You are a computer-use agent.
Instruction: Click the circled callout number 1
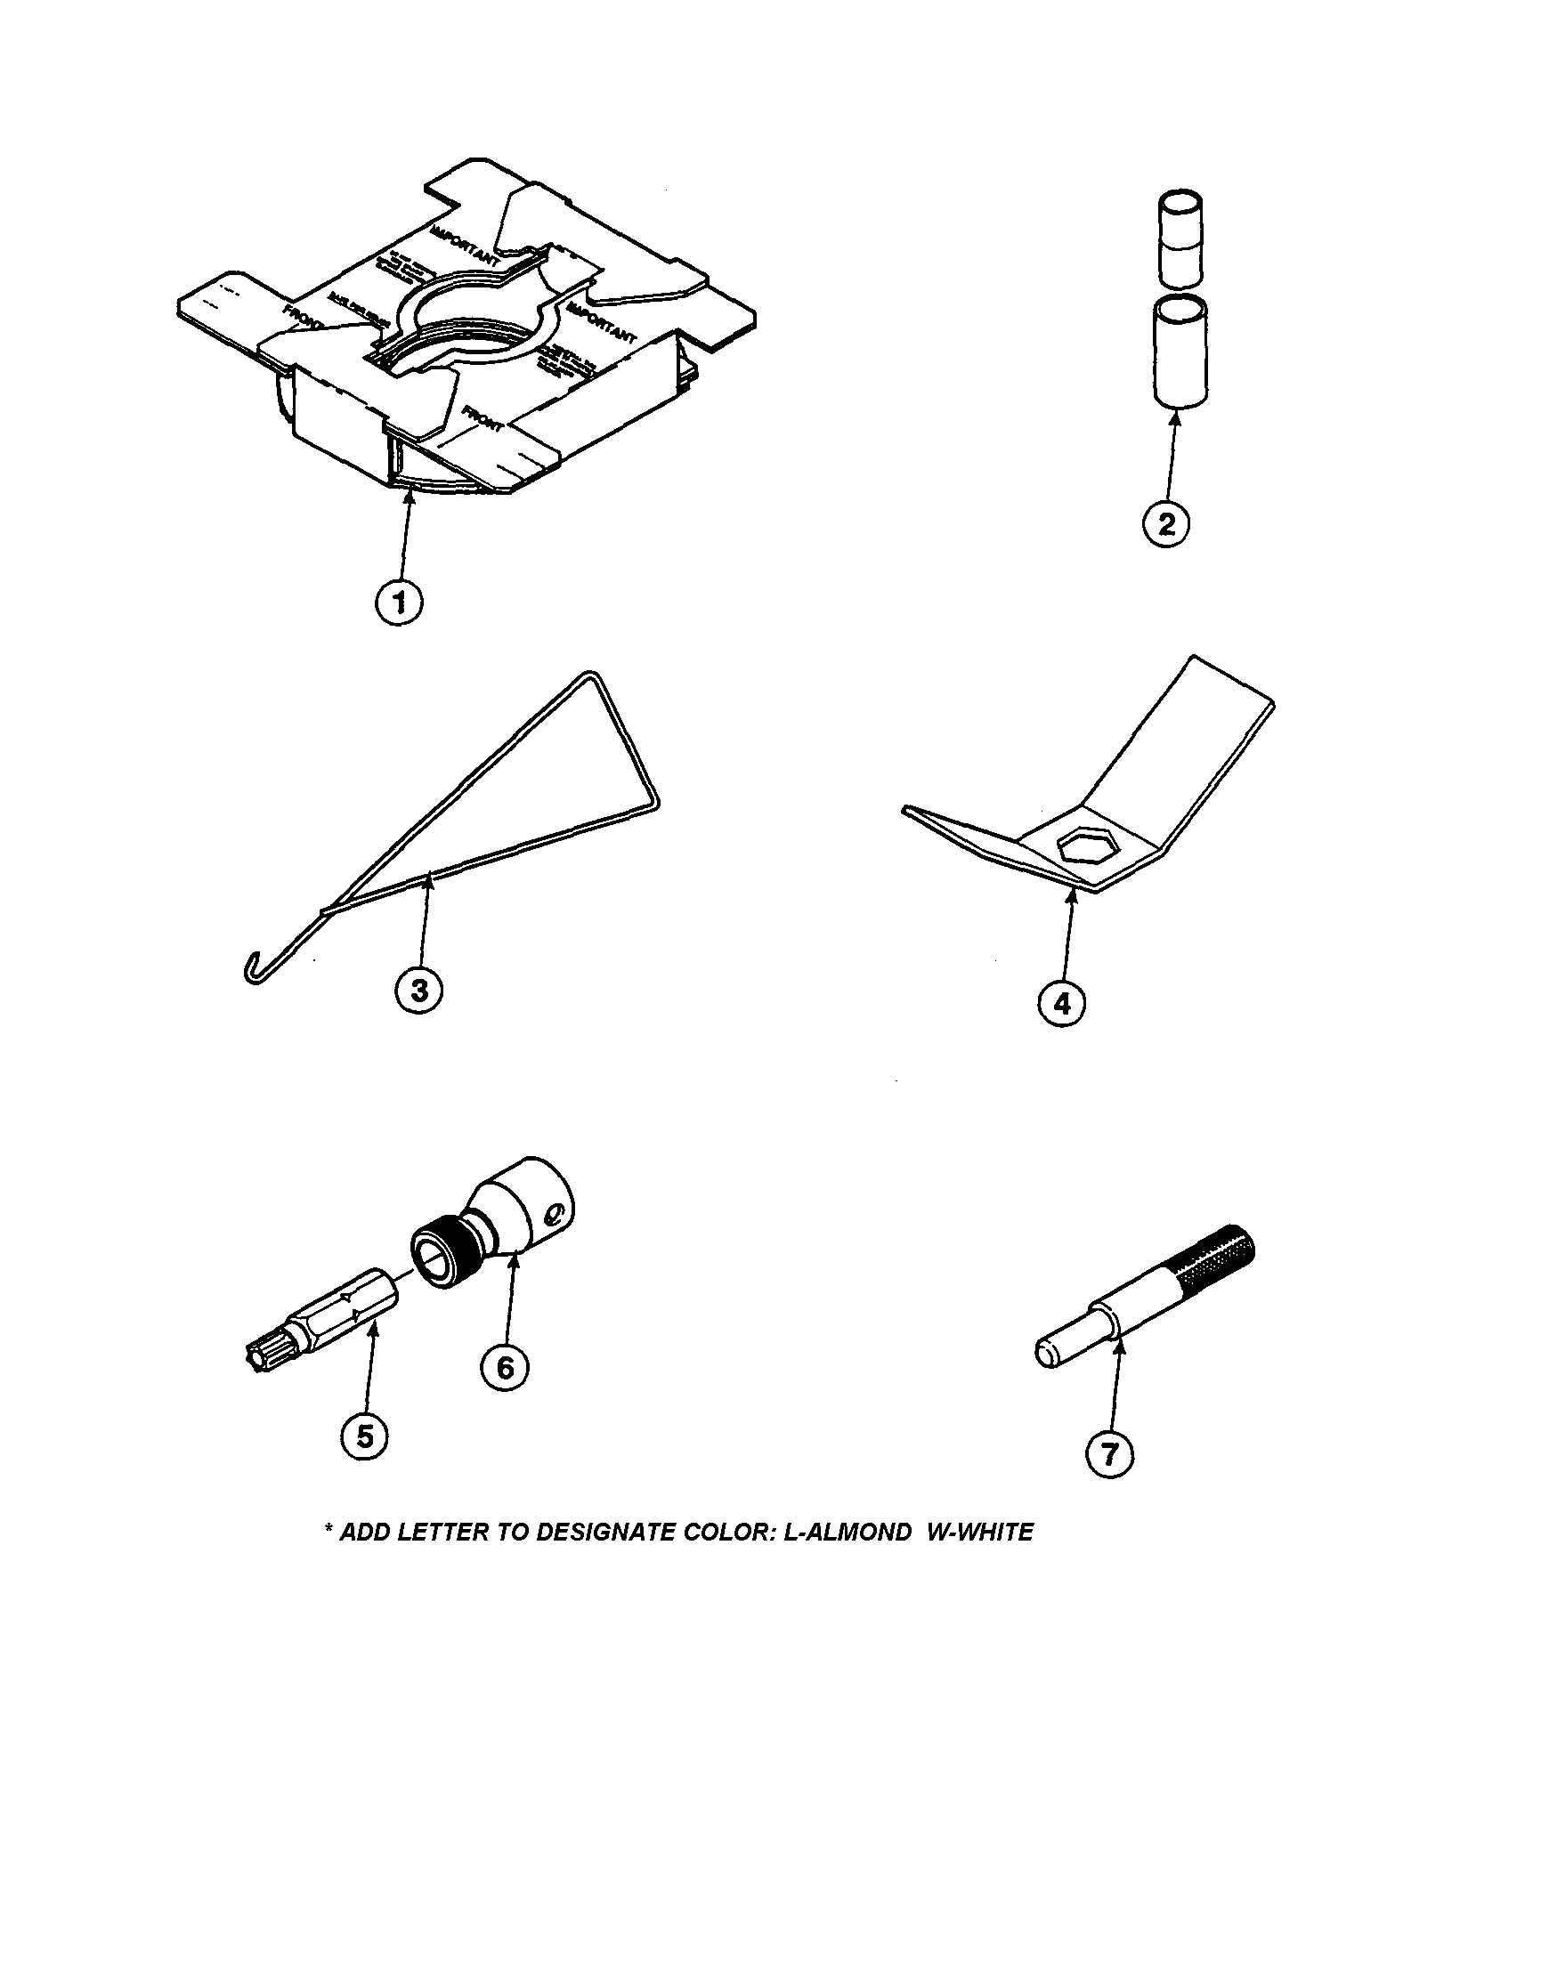pos(400,603)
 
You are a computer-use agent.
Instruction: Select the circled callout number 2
pos(1166,524)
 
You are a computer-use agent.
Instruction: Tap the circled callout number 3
pos(419,990)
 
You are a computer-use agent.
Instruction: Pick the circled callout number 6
pos(505,1367)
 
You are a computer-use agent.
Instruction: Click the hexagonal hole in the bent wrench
pos(1080,846)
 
